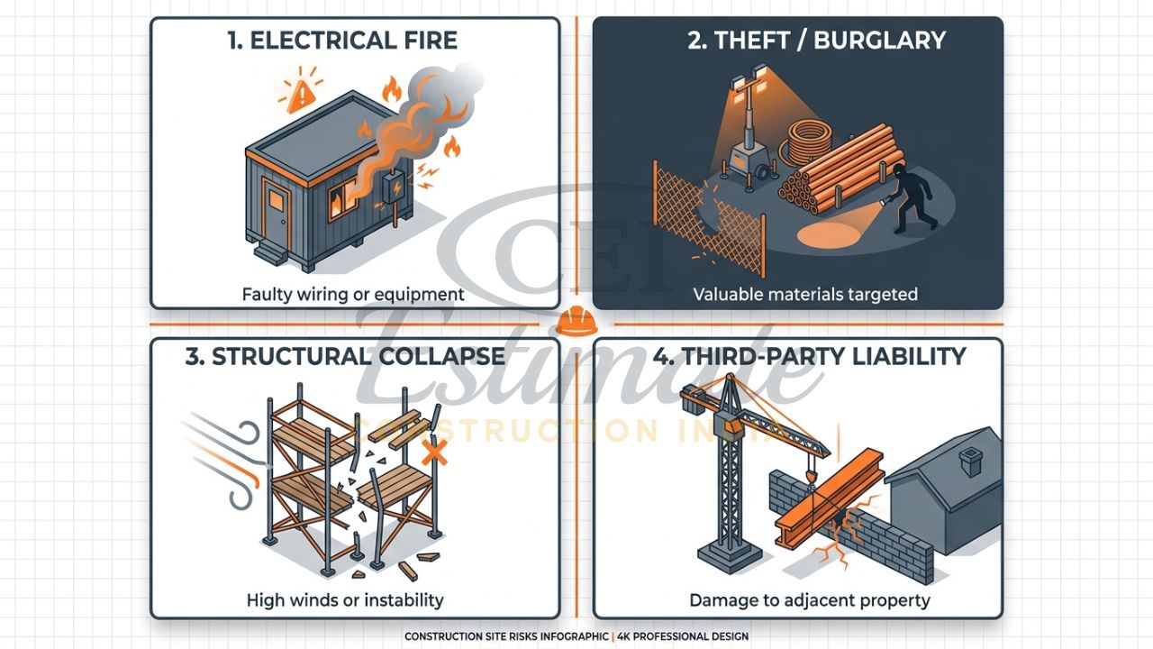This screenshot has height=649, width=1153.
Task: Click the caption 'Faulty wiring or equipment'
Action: (353, 294)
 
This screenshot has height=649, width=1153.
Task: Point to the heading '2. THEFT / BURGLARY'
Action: (816, 41)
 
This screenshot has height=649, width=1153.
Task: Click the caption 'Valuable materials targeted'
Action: (804, 294)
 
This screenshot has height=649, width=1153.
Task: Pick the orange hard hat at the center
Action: (575, 321)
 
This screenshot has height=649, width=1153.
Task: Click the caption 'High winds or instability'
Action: (345, 599)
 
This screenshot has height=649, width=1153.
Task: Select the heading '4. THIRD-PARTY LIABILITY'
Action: (808, 356)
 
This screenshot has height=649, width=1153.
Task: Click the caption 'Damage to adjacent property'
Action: (809, 599)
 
